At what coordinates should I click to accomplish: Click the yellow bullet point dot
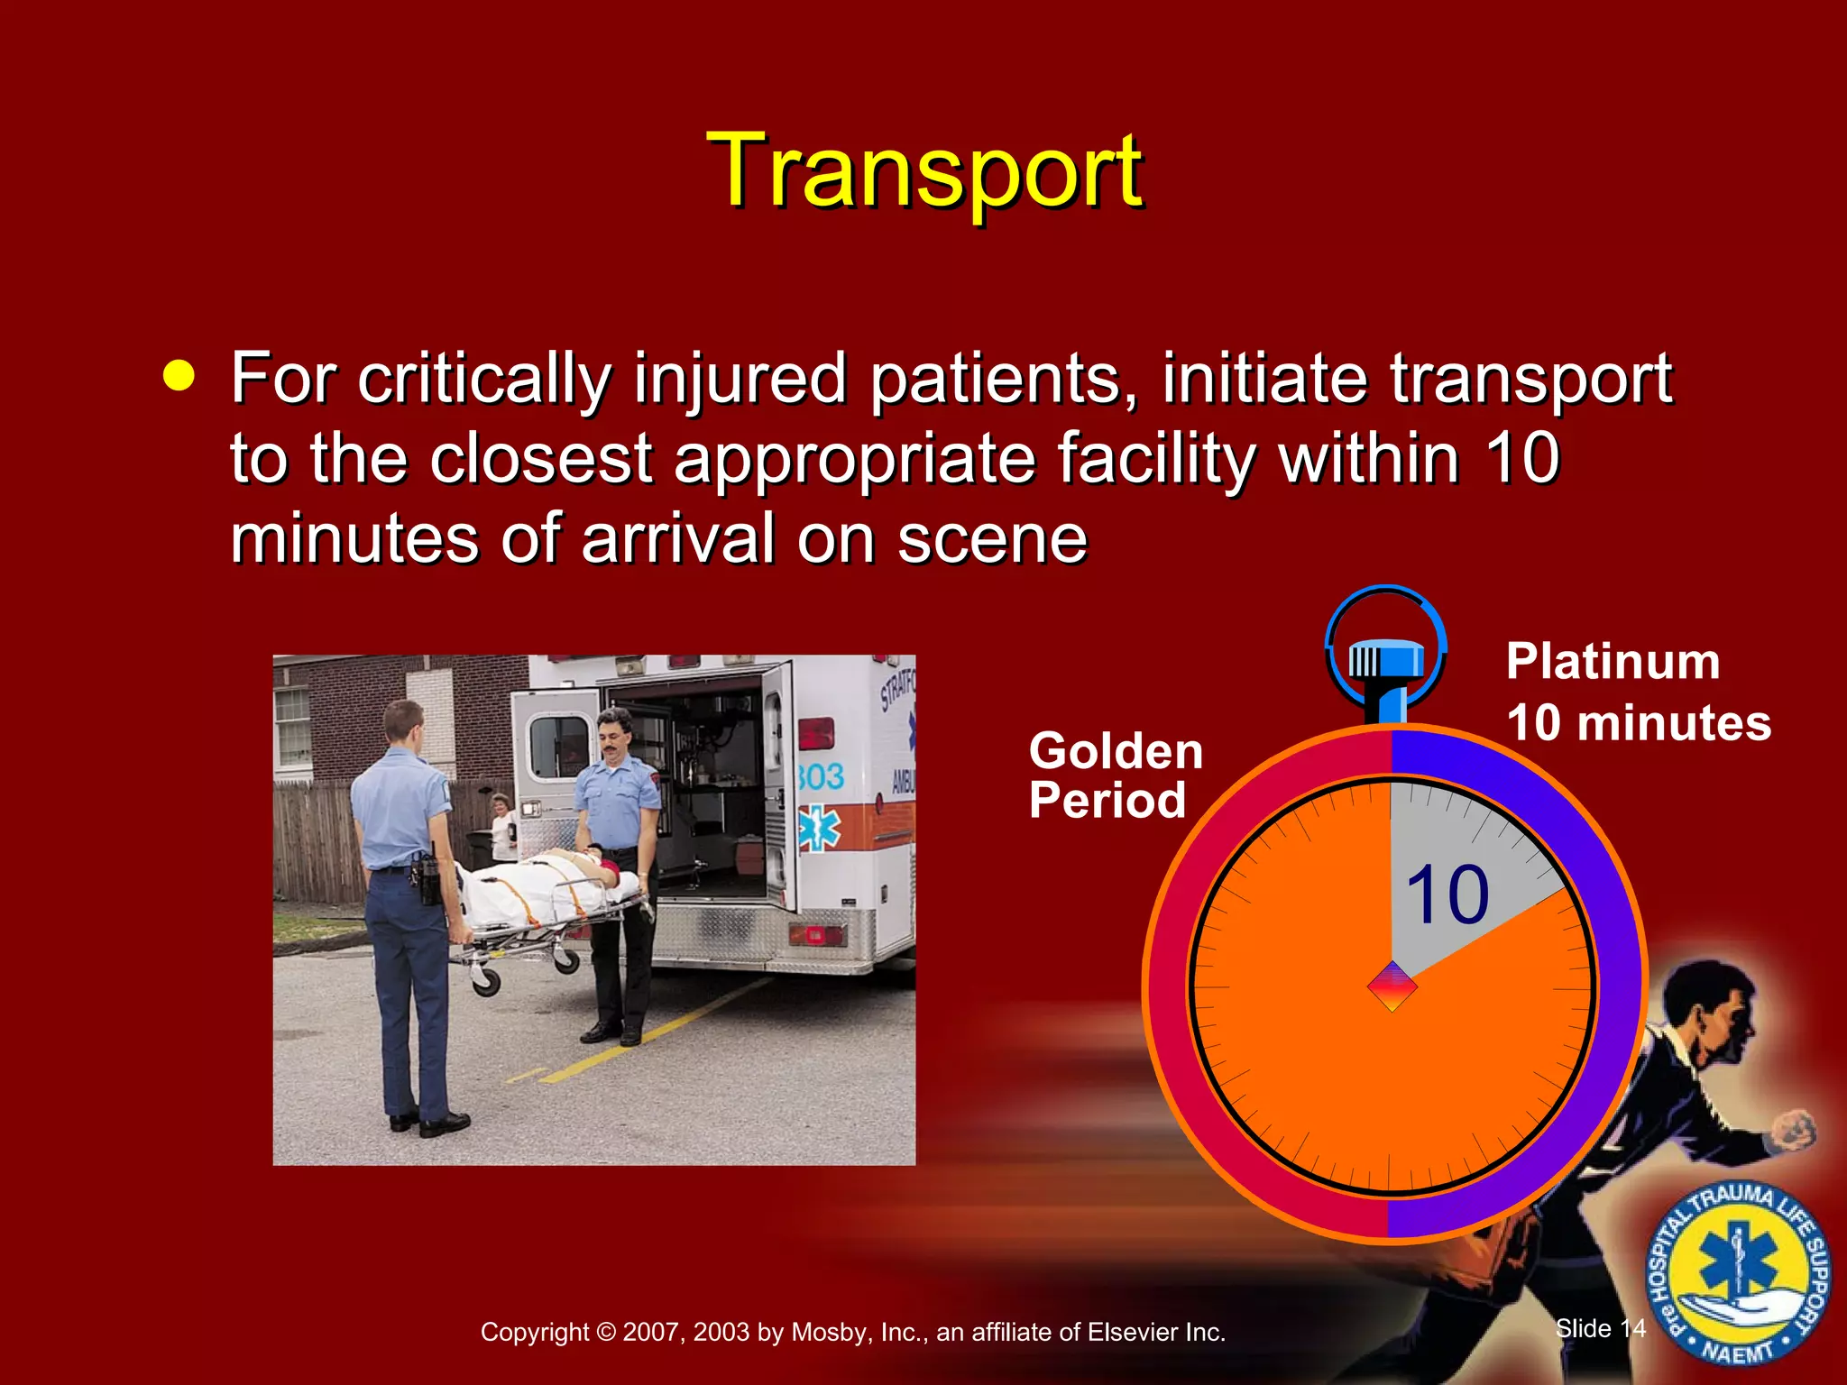point(179,376)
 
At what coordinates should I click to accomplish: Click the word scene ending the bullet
point(992,539)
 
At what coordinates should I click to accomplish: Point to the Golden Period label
point(1115,775)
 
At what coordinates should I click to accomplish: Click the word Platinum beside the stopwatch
point(1613,662)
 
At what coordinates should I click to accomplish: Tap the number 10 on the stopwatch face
point(1447,895)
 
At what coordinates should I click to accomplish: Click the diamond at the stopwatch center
point(1392,986)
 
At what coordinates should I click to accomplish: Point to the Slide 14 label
point(1600,1328)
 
